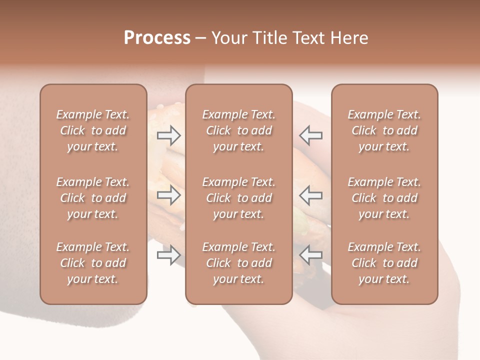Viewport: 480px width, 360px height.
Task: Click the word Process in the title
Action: tap(157, 38)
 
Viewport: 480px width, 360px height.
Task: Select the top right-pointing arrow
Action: tap(168, 135)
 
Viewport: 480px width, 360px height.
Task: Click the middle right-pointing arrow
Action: tap(168, 195)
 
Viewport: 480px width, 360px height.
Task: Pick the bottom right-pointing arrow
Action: tap(168, 255)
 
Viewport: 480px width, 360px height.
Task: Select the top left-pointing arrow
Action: tap(310, 135)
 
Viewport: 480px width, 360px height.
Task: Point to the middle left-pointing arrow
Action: tap(310, 195)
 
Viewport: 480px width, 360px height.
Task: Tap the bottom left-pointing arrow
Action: tap(310, 255)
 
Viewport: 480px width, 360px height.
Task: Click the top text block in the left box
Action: tap(93, 130)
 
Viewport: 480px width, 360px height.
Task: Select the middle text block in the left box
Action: tap(93, 198)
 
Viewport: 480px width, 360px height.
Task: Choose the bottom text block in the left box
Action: tap(93, 263)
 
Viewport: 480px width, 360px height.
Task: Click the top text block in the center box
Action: tap(238, 130)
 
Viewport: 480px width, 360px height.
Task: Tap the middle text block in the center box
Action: tap(238, 198)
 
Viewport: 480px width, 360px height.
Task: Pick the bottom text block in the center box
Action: tap(238, 263)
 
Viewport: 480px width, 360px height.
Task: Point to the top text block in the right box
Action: tap(384, 130)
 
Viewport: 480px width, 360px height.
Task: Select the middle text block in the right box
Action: tap(384, 198)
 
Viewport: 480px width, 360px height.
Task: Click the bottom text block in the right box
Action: tap(384, 263)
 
